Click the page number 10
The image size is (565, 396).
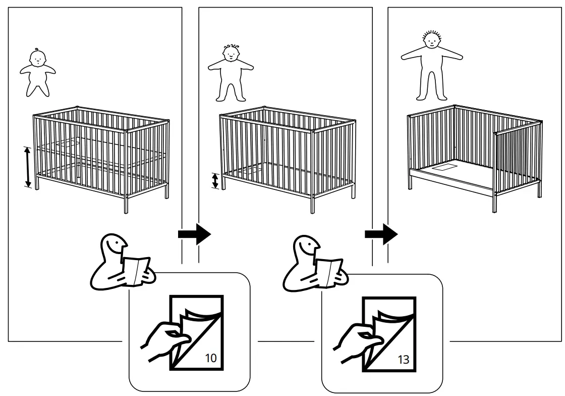211,359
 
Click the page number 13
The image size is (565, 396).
403,360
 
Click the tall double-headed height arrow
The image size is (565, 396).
28,167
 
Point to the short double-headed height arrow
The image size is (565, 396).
215,181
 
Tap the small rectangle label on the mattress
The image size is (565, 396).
444,166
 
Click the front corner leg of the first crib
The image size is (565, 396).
126,202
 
